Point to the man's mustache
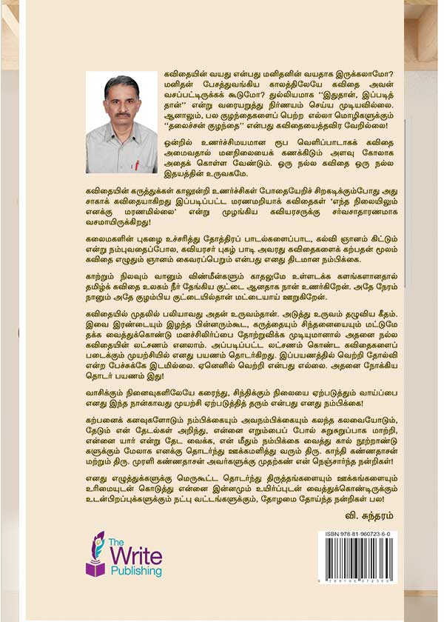pyautogui.click(x=123, y=114)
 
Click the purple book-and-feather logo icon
pyautogui.click(x=95, y=555)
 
